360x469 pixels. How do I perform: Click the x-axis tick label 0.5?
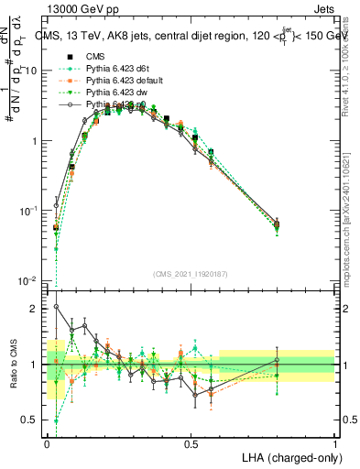coord(191,443)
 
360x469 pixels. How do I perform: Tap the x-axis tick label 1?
coord(334,443)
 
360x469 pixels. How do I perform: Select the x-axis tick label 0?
coord(48,443)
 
